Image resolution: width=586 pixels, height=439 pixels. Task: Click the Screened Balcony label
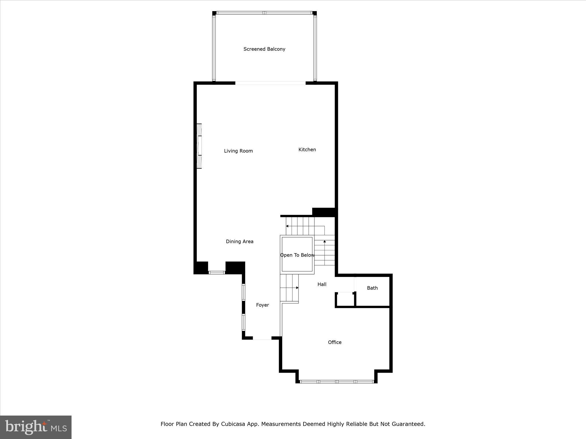tap(264, 49)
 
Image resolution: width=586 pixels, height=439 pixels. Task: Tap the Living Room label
tap(238, 151)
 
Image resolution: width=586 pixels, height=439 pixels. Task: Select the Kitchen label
tap(307, 149)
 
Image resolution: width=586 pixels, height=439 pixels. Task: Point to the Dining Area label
tap(239, 242)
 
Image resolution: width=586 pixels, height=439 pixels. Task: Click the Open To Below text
tap(297, 255)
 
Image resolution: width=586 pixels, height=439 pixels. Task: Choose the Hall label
tap(322, 284)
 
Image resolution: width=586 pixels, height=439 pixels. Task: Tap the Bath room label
tap(372, 288)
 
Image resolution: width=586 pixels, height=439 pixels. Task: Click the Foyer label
tap(262, 305)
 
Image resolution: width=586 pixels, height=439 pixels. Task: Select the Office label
tap(334, 342)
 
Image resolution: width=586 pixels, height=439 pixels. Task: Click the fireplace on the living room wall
tap(199, 146)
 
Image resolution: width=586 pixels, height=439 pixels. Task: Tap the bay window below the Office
tap(337, 382)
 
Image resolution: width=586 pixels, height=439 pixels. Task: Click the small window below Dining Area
tap(217, 273)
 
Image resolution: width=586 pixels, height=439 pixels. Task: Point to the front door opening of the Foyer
tap(262, 338)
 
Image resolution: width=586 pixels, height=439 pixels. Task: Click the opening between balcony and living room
tap(270, 83)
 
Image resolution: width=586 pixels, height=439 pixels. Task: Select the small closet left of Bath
tap(345, 300)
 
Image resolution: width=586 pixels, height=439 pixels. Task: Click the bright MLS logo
tap(36, 427)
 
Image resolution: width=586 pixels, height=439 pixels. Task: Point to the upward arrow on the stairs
tap(324, 242)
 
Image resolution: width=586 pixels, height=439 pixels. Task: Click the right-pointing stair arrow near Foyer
tap(297, 288)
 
